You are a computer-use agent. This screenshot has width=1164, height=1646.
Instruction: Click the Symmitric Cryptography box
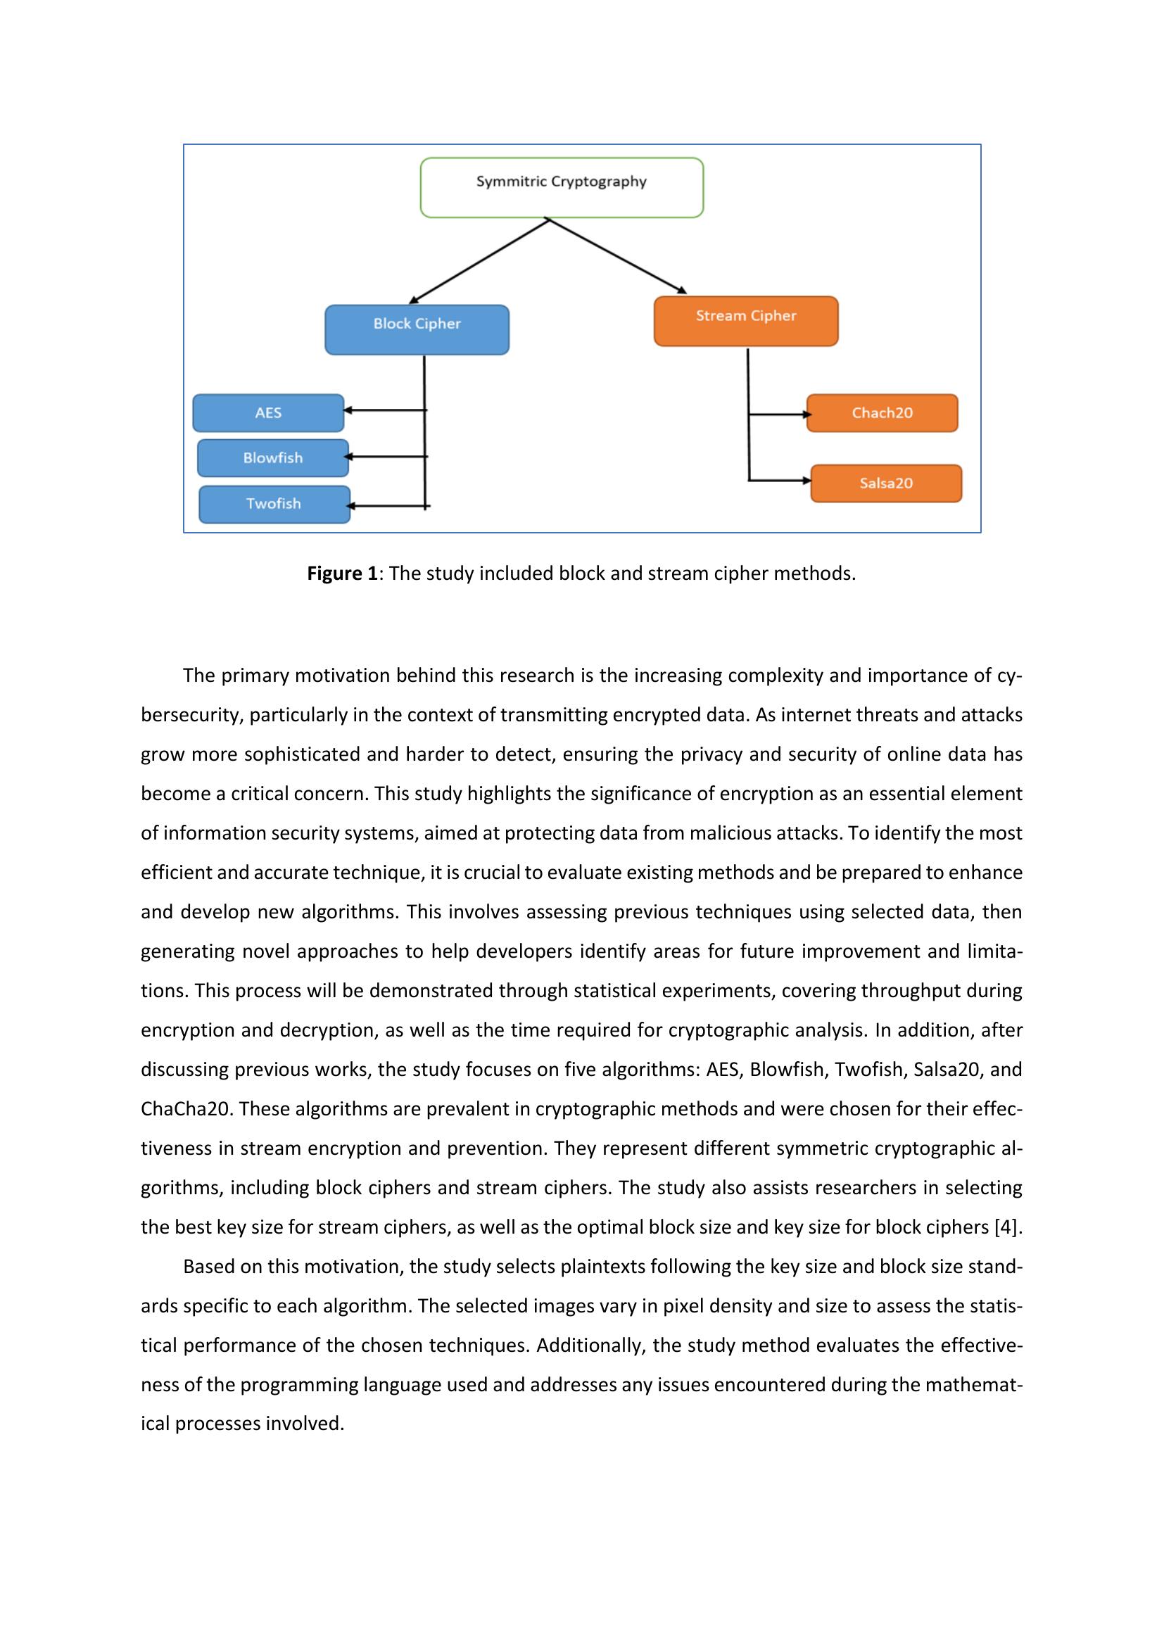tap(561, 187)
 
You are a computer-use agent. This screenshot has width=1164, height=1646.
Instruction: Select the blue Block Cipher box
tap(417, 330)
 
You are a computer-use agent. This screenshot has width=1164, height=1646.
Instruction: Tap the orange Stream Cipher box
tap(745, 320)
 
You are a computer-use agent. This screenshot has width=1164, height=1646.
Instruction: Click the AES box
tap(268, 413)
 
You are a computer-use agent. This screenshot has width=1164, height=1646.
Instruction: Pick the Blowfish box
tap(272, 458)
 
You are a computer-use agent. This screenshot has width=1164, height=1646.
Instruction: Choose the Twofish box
tap(274, 504)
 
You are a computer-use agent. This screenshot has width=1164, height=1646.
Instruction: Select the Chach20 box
tap(882, 413)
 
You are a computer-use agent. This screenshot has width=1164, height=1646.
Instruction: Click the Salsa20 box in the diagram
tap(886, 483)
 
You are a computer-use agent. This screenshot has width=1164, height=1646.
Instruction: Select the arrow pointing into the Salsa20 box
tap(780, 481)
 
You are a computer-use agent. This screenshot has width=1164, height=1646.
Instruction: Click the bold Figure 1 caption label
tap(342, 574)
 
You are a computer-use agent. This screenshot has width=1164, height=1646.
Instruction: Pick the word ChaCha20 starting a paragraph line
tap(186, 1109)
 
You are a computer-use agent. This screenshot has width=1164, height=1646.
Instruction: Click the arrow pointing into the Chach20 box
tap(780, 414)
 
